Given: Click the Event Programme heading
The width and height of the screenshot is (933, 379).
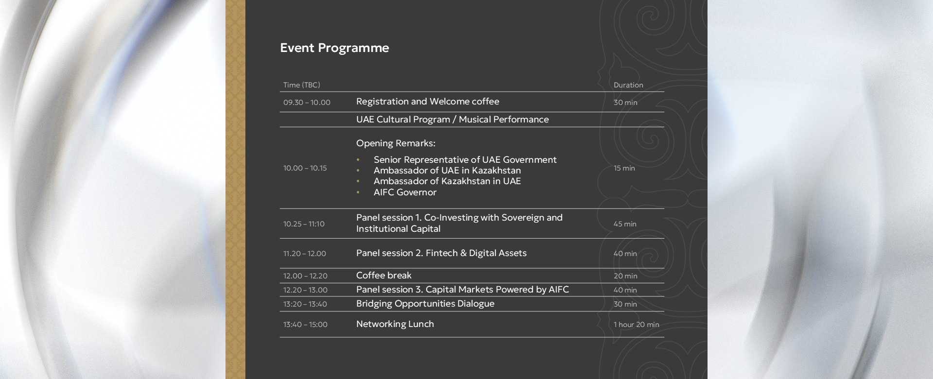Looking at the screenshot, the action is pos(334,48).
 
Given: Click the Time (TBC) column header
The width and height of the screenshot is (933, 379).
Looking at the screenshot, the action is pos(302,85).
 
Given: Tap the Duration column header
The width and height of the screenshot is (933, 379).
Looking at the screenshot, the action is pos(628,85).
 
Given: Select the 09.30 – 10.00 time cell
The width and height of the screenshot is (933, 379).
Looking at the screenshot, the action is pos(307,103).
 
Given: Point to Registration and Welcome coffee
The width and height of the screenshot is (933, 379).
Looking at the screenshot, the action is pos(428,102).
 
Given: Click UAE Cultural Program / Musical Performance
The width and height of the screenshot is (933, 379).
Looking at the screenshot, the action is pos(452,120).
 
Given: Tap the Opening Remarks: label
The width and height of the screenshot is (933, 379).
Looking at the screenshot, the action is pos(396,143).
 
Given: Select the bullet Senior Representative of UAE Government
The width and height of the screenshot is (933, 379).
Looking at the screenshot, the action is pos(465,160).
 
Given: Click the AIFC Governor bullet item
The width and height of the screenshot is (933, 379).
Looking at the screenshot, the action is pos(405,192).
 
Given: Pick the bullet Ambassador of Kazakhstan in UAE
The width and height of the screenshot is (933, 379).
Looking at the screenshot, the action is pos(447,181).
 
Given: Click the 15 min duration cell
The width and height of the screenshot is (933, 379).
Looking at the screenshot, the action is pos(624,168).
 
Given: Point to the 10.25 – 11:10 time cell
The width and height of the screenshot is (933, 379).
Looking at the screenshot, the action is pos(304,224).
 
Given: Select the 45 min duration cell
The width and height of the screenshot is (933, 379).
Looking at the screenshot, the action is pos(625,224).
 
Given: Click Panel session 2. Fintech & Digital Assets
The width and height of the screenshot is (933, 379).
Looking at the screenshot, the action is pos(441,253).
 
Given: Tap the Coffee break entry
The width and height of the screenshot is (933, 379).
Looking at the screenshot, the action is pos(384,276).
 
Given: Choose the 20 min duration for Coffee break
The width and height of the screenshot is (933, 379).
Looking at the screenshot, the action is pos(625,276).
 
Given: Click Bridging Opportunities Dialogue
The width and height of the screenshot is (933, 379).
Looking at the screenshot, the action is pos(425,304).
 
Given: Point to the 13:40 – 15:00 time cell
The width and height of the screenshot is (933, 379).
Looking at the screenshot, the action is pos(305,325).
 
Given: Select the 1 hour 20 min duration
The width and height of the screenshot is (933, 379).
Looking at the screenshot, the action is pos(636,325).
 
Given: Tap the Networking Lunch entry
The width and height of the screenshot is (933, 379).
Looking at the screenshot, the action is pos(395,324).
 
